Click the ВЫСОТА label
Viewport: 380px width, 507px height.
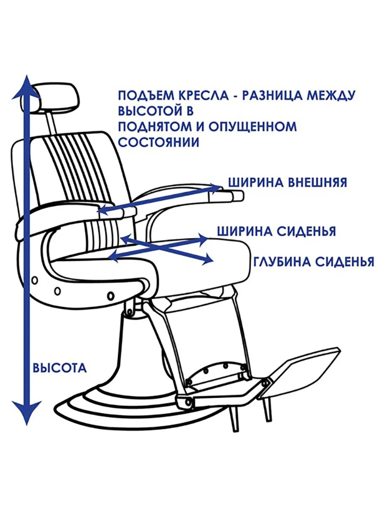60,368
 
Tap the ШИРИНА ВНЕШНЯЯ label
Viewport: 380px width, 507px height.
288,182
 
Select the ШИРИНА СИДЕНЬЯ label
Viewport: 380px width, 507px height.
277,232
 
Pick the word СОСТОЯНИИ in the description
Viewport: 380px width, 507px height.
158,142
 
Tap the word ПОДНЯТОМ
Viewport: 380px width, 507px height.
153,126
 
